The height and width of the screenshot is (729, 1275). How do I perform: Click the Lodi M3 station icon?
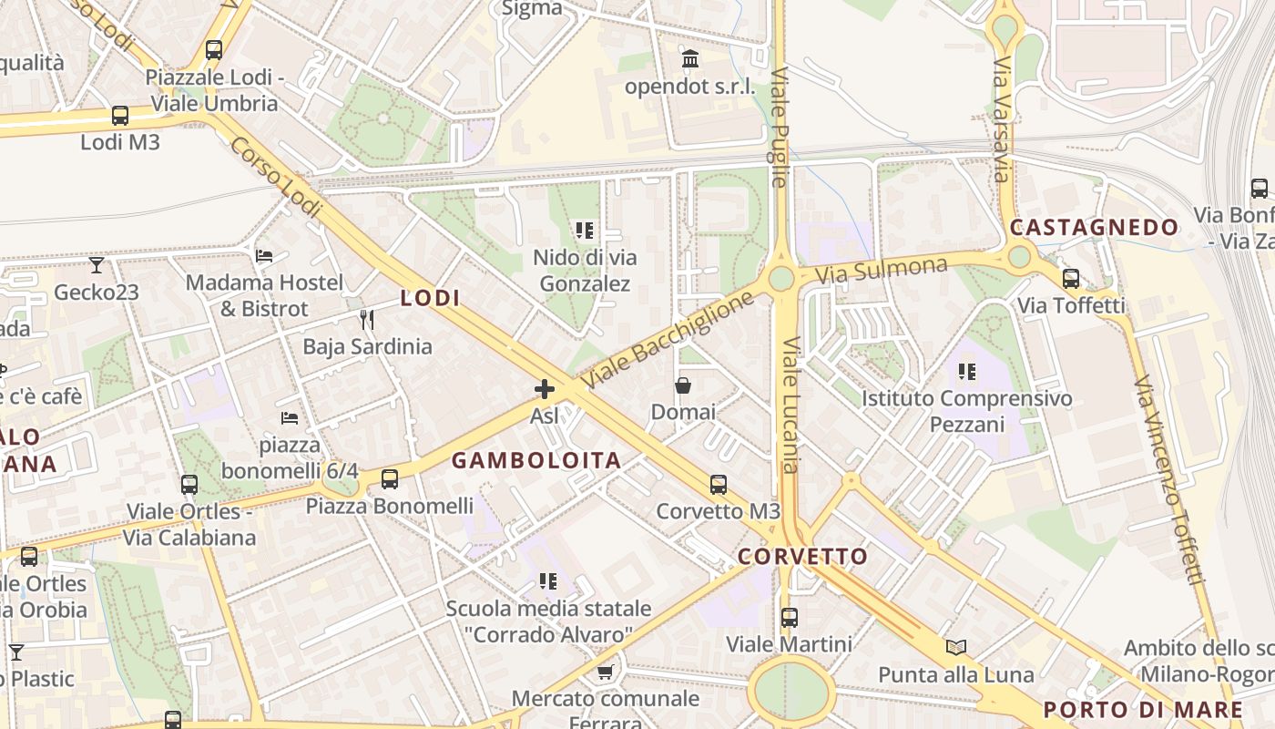120,116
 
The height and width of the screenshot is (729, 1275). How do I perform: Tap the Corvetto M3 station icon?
719,484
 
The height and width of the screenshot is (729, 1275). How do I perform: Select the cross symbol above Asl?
544,389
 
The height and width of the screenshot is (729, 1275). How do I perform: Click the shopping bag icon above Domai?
682,385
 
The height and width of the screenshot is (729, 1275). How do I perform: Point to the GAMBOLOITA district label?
536,460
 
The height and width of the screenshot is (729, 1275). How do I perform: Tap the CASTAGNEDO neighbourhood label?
1094,227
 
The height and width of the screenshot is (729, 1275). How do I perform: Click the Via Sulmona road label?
882,270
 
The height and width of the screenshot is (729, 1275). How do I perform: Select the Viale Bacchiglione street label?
669,339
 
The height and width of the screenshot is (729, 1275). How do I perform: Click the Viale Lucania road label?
790,406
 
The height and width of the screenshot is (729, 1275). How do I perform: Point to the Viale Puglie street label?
779,127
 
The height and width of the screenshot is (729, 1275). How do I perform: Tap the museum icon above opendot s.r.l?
690,60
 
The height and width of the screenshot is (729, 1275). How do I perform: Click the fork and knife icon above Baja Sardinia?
367,319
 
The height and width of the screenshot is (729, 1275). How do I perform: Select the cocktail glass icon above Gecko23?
96,265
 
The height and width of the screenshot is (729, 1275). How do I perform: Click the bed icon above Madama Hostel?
264,256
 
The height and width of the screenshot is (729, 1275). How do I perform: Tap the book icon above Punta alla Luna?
956,647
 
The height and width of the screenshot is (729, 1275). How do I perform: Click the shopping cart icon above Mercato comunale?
605,673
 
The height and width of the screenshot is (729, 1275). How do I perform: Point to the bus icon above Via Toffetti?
1071,279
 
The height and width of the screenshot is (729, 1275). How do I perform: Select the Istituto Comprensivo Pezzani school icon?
966,372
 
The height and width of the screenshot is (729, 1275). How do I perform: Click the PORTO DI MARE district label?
1143,710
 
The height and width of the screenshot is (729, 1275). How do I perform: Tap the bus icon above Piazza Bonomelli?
390,478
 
